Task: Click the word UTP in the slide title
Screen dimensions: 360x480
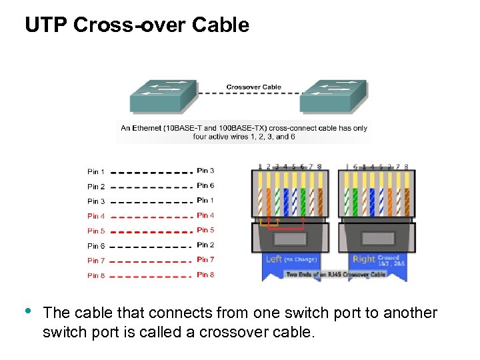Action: tap(47, 25)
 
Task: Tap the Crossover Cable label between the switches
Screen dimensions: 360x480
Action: tap(253, 87)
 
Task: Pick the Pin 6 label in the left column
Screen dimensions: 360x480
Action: tap(96, 246)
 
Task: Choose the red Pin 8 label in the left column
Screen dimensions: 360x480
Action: tap(96, 275)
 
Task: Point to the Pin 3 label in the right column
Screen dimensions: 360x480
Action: tap(205, 171)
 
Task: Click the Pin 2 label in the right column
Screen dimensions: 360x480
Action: tap(205, 245)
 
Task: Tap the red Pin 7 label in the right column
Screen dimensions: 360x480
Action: tap(205, 259)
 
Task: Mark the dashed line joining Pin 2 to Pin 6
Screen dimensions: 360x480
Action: tap(151, 187)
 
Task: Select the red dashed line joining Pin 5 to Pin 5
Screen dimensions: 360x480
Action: tap(151, 231)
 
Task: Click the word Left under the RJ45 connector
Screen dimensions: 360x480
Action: tap(273, 259)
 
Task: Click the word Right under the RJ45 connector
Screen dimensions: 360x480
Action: tap(364, 259)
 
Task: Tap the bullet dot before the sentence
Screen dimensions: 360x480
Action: tap(27, 311)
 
